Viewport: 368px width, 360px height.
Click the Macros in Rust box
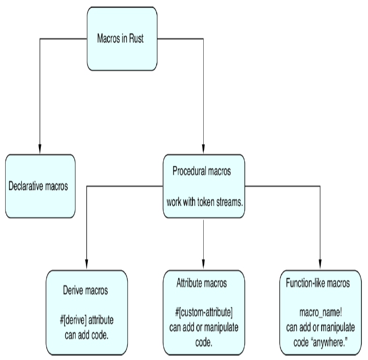[122, 39]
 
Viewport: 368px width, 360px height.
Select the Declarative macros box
[40, 186]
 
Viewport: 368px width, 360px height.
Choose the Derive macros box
[86, 312]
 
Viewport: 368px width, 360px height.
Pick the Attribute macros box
[203, 312]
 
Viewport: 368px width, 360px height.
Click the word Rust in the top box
[135, 39]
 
